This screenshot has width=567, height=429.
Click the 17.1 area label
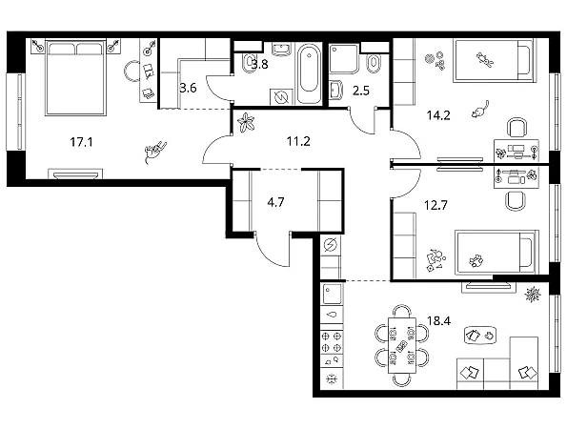81,142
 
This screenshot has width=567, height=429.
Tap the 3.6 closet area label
188,88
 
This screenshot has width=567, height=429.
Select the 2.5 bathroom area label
361,91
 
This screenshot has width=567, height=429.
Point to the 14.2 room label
438,115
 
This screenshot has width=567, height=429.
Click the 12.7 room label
435,205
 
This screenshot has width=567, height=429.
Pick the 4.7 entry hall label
275,202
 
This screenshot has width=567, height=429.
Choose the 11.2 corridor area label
298,141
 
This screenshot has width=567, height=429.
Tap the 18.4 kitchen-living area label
438,320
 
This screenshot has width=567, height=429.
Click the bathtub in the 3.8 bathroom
310,73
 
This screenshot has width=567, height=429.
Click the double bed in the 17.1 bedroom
75,78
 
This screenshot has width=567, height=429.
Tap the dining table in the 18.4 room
402,345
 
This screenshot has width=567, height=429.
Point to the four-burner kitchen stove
332,342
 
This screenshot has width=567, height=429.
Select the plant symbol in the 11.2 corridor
246,122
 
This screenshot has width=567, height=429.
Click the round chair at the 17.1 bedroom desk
132,71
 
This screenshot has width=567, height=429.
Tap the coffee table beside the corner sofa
480,336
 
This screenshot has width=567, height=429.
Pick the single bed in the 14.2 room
494,60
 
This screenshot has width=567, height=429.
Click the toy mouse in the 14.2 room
480,110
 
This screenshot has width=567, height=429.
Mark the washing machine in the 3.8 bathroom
281,97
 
